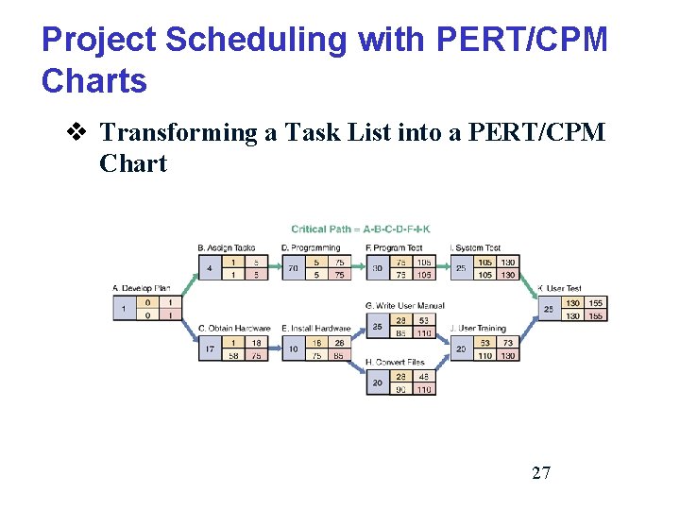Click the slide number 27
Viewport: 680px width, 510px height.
tap(541, 473)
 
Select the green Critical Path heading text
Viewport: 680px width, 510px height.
tap(361, 229)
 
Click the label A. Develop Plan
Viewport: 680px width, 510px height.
tap(142, 288)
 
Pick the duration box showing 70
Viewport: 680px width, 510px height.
tap(293, 268)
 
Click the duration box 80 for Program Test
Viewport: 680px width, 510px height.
tap(377, 268)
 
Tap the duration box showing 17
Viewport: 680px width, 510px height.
tap(209, 348)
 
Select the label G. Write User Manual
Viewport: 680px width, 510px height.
tap(404, 306)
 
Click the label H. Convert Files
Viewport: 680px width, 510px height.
tap(395, 362)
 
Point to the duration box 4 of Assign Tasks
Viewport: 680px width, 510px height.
tap(209, 268)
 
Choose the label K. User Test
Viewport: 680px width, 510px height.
tap(559, 288)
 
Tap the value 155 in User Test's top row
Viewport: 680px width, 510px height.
tap(595, 303)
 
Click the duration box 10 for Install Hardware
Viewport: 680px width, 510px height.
tap(293, 348)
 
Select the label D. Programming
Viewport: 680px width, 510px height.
tap(310, 248)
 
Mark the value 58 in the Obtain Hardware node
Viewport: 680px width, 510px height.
tap(232, 355)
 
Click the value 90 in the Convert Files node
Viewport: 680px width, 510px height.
tap(400, 389)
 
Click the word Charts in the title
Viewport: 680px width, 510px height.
tap(94, 81)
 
